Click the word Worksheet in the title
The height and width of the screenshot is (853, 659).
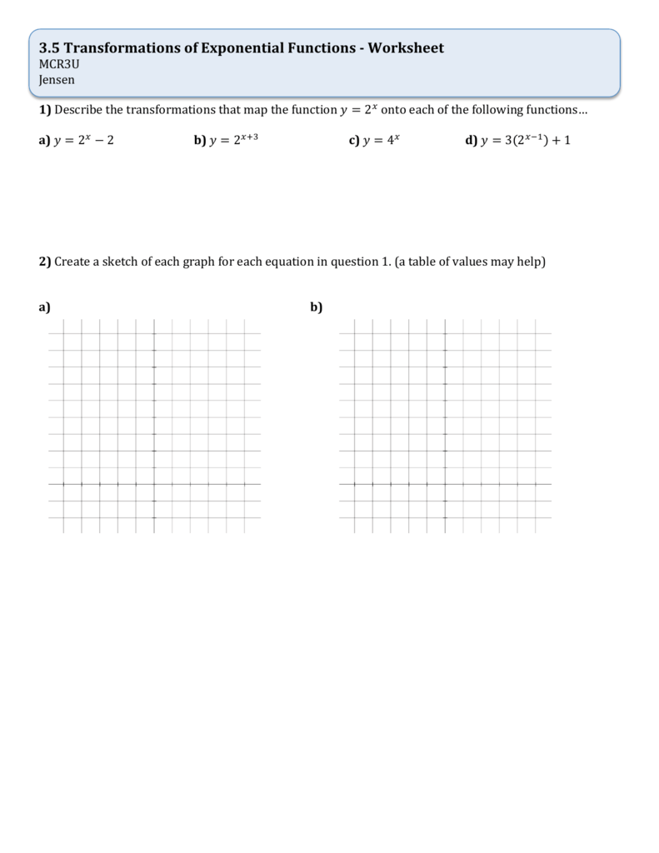(407, 48)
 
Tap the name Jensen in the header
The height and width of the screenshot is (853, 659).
(57, 80)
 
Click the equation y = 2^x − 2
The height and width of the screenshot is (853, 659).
(83, 140)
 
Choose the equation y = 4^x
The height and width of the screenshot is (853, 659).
(382, 140)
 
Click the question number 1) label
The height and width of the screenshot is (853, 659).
(45, 110)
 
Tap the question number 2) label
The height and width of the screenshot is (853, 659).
(45, 262)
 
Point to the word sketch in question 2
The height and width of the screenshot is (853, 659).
(122, 262)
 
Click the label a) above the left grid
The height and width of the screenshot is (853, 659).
(44, 307)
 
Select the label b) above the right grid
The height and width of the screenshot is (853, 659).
(317, 307)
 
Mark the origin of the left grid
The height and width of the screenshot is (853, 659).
(154, 484)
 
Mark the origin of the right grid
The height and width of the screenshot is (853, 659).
(445, 484)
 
